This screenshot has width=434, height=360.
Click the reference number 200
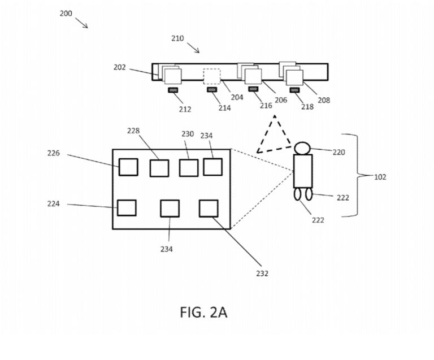coord(66,13)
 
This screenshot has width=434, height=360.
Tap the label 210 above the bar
coord(177,38)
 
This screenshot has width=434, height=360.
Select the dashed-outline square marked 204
coord(211,76)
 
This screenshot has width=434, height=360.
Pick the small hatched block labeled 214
coord(212,89)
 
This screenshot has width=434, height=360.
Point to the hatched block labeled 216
coord(253,89)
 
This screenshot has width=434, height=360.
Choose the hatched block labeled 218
coord(294,89)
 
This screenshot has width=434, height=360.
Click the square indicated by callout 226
coord(128,167)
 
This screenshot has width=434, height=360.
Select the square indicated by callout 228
coord(159,168)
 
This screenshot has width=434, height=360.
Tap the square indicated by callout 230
coord(189,168)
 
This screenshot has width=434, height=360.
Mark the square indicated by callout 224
coord(127,207)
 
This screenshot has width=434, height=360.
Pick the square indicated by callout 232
coord(209,208)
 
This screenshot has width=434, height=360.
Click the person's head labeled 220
coord(302,148)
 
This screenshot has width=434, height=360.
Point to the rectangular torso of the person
coord(303,171)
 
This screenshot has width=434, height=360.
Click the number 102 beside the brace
coord(381,177)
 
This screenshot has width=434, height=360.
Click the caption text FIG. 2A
coord(203,312)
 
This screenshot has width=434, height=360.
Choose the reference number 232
coord(262,274)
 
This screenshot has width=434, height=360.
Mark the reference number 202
coord(119,67)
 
